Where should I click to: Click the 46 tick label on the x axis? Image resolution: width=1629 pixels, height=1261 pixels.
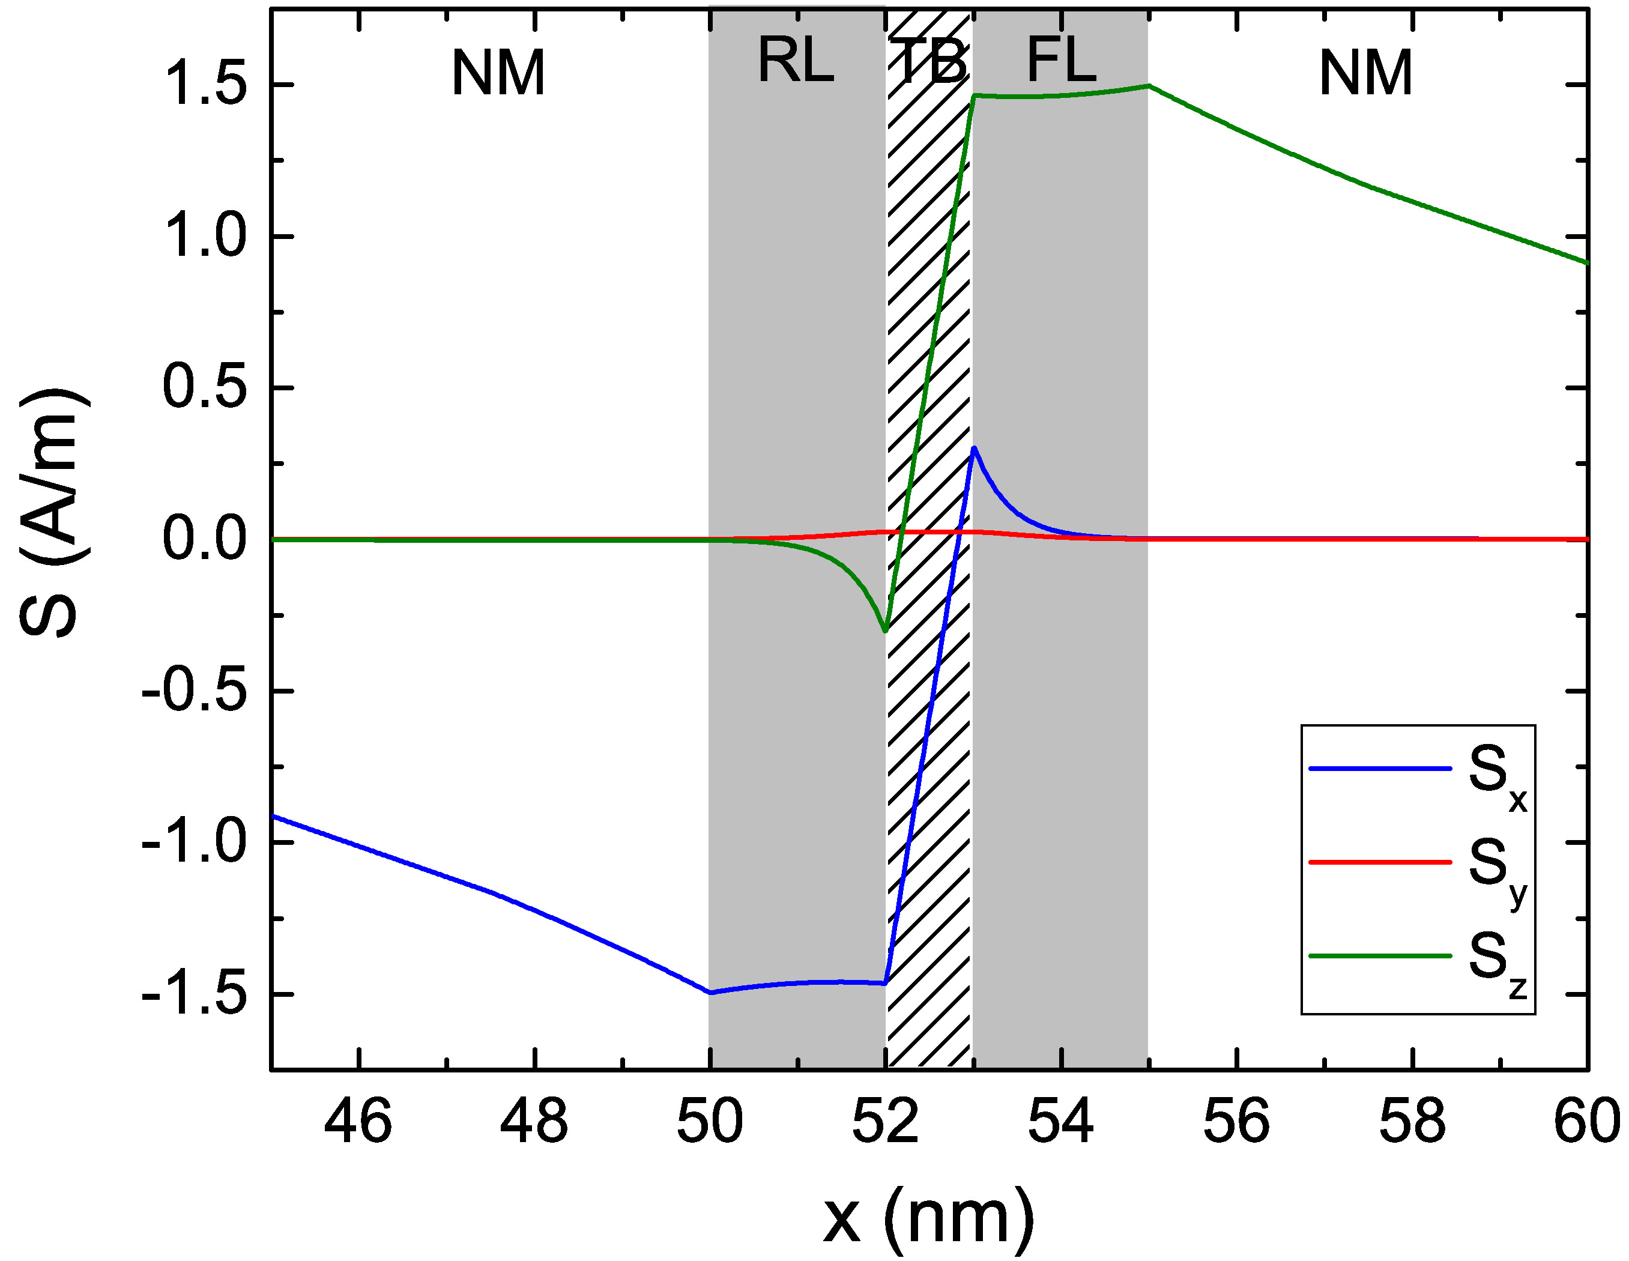pyautogui.click(x=358, y=1122)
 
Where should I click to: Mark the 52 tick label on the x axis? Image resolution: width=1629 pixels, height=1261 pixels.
pyautogui.click(x=886, y=1122)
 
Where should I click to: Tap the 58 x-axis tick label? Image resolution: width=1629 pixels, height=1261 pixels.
pyautogui.click(x=1412, y=1122)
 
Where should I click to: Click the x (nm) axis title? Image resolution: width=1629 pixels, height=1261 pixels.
pyautogui.click(x=929, y=1218)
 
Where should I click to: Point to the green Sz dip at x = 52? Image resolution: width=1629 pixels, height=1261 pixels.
pyautogui.click(x=886, y=631)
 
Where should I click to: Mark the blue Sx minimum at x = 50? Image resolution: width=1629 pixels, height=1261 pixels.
pyautogui.click(x=711, y=993)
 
